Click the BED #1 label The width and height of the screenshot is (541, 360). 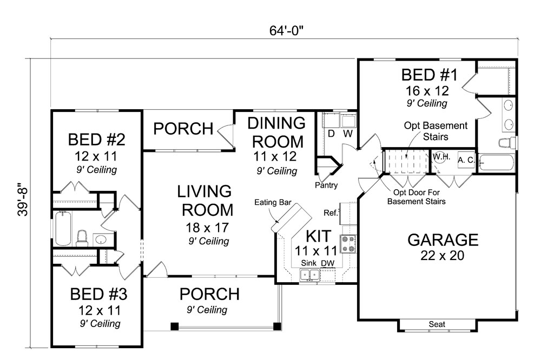click(429, 75)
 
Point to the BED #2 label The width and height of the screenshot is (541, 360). click(97, 141)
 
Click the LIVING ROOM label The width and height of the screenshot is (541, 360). click(205, 200)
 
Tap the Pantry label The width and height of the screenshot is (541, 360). click(327, 185)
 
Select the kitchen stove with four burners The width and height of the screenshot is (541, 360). click(346, 244)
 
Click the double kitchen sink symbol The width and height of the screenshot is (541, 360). click(310, 275)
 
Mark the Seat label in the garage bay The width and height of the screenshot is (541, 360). click(437, 324)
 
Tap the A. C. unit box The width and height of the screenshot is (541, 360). click(466, 161)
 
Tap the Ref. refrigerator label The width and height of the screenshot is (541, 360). click(332, 212)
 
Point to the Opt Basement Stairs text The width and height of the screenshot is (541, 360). click(436, 131)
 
